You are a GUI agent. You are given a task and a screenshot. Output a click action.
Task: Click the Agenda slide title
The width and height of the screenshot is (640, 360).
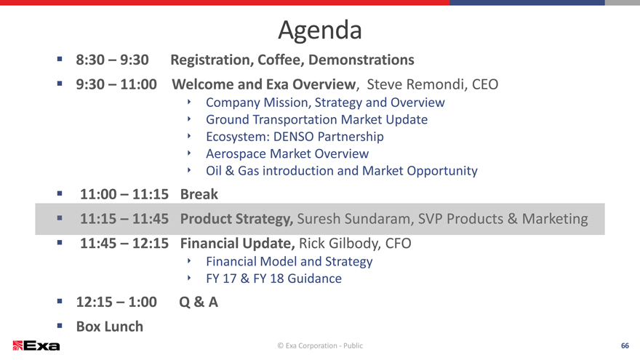[320, 31]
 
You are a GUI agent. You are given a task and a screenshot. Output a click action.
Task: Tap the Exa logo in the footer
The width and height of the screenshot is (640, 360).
[36, 345]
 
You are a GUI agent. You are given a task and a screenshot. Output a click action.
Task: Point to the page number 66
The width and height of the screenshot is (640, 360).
[625, 345]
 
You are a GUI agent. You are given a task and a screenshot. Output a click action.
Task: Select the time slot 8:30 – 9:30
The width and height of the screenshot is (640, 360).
[112, 60]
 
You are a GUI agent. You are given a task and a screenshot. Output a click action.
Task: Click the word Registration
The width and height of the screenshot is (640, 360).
[212, 60]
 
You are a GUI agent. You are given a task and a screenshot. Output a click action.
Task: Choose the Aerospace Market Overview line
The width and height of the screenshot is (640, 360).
[287, 153]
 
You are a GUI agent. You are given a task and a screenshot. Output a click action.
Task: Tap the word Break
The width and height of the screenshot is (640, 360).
[199, 194]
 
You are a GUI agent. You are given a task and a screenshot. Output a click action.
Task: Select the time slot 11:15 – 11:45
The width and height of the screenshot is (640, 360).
[124, 219]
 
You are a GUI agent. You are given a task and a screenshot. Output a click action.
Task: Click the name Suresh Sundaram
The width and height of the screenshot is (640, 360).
[354, 219]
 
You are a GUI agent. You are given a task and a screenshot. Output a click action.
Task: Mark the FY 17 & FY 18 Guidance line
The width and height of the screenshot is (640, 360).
[274, 279]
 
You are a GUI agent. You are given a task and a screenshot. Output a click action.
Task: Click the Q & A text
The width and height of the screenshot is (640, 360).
[199, 302]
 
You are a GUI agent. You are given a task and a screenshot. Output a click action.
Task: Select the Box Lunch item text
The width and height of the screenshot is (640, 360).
[110, 327]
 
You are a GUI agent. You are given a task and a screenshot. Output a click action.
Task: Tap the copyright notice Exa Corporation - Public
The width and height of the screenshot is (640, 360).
[320, 345]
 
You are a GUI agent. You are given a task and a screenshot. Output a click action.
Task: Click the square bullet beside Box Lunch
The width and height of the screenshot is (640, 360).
[60, 326]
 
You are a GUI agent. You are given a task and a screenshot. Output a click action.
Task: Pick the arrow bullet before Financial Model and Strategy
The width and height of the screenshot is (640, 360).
[189, 260]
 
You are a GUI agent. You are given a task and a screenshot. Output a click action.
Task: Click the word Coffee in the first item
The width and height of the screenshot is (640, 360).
[281, 60]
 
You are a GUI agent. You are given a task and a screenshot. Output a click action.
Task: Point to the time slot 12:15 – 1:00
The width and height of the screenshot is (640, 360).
[116, 302]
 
